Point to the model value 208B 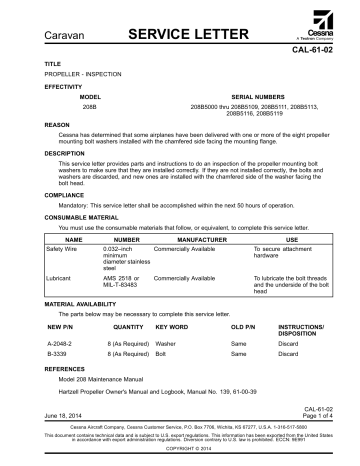[x=88, y=105]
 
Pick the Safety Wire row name [x=37, y=240]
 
